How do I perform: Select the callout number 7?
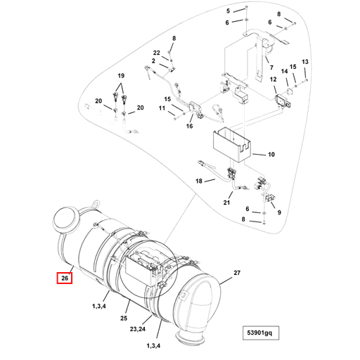coord(271,68)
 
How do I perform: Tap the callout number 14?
coord(285,71)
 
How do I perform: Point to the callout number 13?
coord(305,63)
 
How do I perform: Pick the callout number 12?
coord(273,82)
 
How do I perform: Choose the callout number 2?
coord(152,61)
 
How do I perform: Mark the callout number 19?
coord(120,75)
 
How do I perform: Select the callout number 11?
coord(162,108)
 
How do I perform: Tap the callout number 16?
coord(189,127)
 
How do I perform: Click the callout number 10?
coord(271,154)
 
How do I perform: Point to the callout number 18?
coord(199,181)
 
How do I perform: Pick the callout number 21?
coord(227,203)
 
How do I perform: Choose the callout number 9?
coord(278,213)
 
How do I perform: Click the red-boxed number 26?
coord(64,278)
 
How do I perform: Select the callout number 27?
coord(237,272)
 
